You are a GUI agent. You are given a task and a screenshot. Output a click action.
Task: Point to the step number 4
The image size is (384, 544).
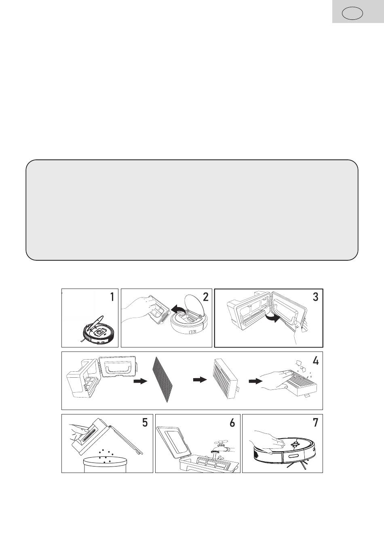[x=315, y=361]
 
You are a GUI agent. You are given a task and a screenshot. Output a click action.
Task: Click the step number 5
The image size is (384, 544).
[x=145, y=423]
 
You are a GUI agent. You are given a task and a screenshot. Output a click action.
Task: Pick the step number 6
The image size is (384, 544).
[x=232, y=423]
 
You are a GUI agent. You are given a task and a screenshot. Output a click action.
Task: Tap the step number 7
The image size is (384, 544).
[x=315, y=423]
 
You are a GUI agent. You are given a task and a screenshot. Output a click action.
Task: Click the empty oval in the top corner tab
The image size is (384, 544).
[x=352, y=14]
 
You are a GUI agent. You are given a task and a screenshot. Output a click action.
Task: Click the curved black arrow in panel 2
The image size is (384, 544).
[x=179, y=310]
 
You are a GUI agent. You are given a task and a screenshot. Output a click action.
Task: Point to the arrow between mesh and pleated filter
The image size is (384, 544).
[x=200, y=380]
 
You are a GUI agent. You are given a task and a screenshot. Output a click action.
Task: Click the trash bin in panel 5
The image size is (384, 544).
[x=105, y=464]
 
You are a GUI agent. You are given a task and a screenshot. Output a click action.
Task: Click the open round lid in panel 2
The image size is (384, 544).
[x=194, y=305]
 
